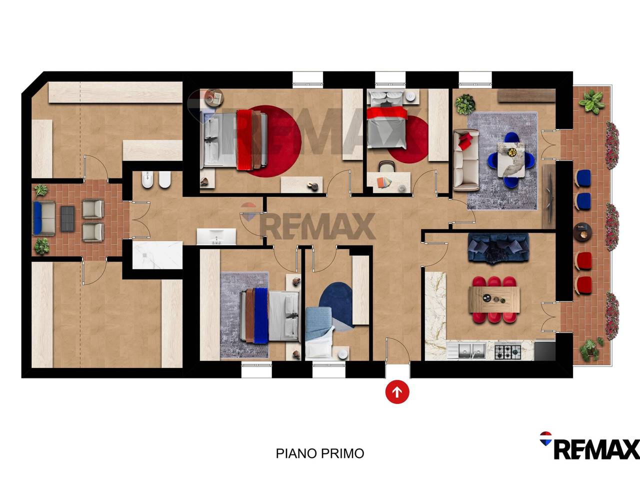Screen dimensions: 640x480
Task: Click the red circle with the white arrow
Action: point(397,392)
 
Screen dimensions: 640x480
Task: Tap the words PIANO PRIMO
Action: point(320,453)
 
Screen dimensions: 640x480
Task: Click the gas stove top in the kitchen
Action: point(507,352)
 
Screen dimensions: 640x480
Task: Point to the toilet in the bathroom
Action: point(164,179)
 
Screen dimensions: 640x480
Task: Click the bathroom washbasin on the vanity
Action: point(216,236)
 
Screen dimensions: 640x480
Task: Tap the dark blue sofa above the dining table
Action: point(498,247)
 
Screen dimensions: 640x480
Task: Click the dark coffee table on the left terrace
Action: point(67,219)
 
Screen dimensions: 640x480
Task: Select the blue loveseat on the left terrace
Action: point(44,218)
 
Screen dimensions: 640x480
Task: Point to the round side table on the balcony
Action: point(582,232)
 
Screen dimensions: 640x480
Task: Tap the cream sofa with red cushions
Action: point(466,159)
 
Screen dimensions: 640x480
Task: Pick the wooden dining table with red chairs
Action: point(494,299)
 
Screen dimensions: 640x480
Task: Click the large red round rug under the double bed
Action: point(269,141)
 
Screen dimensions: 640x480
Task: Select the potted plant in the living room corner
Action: point(465,104)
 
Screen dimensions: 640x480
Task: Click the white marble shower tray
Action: point(157,255)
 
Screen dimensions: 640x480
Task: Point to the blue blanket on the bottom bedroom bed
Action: point(261,315)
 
